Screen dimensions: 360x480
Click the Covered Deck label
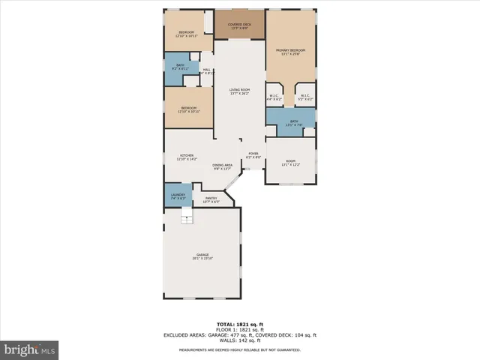240,26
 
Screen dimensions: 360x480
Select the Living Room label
240,91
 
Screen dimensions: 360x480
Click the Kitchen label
186,158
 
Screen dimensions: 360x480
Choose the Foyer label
254,156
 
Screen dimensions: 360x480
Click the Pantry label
211,200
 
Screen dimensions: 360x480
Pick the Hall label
206,72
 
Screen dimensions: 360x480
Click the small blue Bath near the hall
181,67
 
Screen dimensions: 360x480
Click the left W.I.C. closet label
274,97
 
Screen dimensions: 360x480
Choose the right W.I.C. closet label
306,97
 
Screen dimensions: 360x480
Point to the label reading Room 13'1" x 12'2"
290,163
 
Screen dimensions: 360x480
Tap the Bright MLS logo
30,349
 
